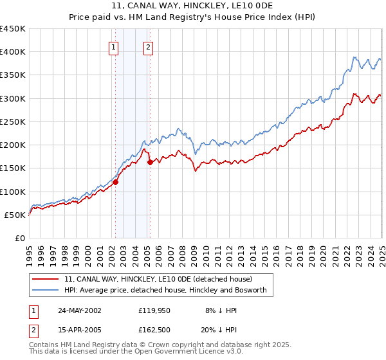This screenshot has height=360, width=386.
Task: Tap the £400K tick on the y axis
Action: point(13,52)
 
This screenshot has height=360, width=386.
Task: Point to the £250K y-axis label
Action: point(13,122)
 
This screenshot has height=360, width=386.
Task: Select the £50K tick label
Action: point(15,215)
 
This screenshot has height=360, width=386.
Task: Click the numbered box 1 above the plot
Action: point(113,46)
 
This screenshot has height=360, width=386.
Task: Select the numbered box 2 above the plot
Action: point(149,46)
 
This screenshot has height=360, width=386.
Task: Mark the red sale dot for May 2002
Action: point(116,182)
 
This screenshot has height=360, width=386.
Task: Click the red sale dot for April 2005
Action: point(150,162)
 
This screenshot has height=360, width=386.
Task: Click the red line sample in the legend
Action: point(46,280)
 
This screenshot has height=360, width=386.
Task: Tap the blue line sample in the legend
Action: point(46,291)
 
